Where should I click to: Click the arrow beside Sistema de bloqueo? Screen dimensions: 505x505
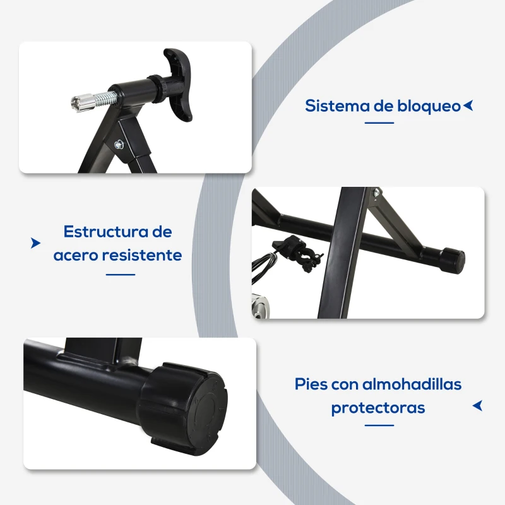tap(468, 105)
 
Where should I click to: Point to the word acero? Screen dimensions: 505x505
tap(76, 255)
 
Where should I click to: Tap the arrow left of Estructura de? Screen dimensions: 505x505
tap(35, 243)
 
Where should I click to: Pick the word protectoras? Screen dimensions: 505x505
tap(378, 408)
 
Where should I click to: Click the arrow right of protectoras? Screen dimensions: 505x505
tap(477, 405)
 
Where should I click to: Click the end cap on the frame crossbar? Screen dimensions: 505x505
tap(451, 258)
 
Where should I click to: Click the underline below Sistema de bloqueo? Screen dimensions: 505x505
tap(379, 123)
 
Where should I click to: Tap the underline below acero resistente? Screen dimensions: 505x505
tap(121, 274)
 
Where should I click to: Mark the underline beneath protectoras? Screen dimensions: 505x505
tap(379, 425)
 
